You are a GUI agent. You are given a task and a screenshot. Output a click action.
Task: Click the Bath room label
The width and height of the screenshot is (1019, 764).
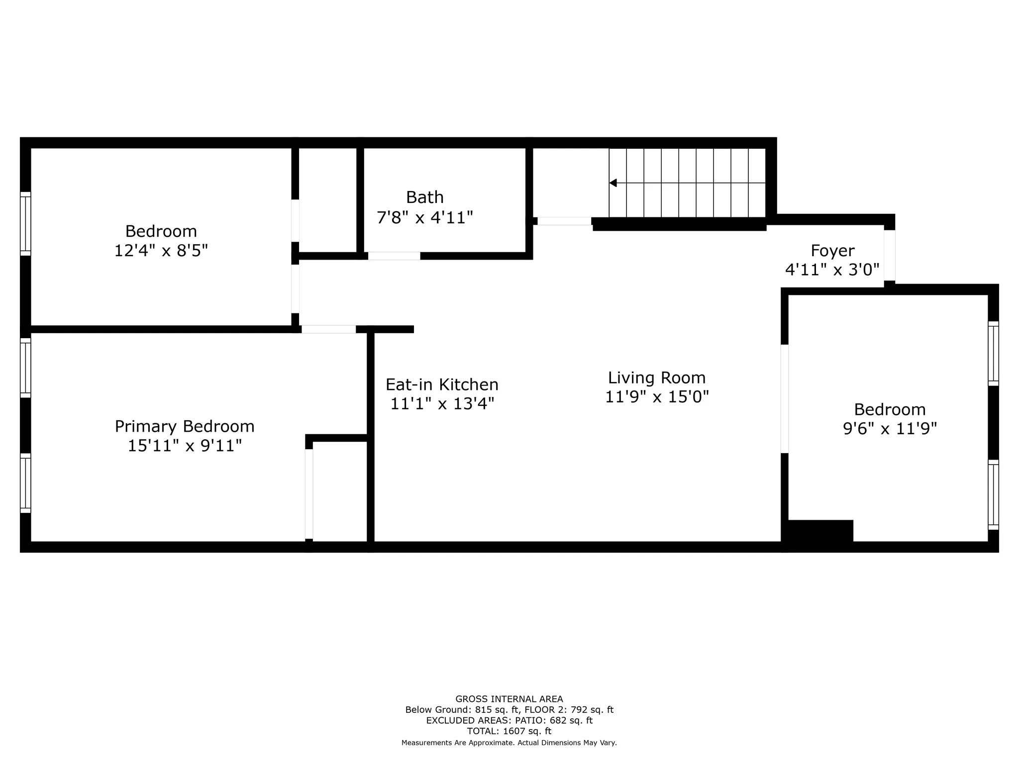[x=424, y=197]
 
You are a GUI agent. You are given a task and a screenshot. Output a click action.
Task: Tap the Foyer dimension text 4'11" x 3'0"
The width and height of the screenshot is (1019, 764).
[x=832, y=270]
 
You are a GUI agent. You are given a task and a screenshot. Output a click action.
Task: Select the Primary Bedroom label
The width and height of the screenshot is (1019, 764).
[x=185, y=426]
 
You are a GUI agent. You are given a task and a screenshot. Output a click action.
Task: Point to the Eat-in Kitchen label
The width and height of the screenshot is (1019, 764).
[x=442, y=384]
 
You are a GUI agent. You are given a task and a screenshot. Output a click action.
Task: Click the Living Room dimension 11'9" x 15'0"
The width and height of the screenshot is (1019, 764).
[x=657, y=397]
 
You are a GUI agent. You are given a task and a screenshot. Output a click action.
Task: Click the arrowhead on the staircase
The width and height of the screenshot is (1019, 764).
[x=613, y=183]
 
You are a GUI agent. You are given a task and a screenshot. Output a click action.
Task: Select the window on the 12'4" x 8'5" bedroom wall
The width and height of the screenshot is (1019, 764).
[x=25, y=224]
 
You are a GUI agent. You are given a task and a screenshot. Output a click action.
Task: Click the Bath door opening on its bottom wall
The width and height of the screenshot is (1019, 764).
[x=394, y=256]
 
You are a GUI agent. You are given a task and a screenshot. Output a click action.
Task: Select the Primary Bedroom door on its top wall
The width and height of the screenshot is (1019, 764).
[x=328, y=329]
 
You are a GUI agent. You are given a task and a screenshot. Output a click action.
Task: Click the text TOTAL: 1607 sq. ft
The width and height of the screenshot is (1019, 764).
[x=509, y=731]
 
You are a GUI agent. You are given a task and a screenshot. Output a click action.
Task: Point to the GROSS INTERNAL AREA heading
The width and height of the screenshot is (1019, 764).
[x=509, y=699]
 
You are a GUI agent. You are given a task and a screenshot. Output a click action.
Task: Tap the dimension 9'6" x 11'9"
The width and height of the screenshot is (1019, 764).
[x=890, y=429]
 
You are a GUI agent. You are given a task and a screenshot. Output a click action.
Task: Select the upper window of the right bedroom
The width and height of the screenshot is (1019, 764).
[x=993, y=354]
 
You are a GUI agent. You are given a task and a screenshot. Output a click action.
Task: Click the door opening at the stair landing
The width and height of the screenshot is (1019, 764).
[x=564, y=221]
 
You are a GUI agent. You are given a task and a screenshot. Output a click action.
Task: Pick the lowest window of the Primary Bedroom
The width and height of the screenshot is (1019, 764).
[x=25, y=483]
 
